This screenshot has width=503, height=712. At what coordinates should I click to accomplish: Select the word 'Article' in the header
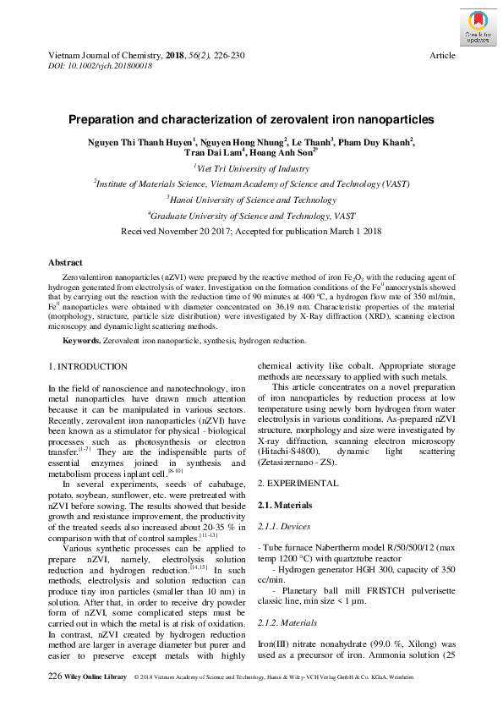click(442, 55)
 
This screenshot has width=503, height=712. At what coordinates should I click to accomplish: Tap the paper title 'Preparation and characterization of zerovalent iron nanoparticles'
click(251, 120)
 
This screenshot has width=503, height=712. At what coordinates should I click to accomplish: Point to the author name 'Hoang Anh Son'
click(282, 154)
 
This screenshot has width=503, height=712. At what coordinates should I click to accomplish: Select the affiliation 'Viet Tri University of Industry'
click(251, 168)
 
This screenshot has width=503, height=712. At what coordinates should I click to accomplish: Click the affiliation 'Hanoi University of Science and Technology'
click(251, 200)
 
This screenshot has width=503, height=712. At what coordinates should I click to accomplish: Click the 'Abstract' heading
click(65, 263)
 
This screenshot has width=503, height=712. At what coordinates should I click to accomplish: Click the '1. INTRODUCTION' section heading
click(88, 366)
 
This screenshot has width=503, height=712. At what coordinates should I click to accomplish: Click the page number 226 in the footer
click(55, 676)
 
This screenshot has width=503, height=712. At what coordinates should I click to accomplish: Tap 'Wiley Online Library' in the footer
click(95, 677)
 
